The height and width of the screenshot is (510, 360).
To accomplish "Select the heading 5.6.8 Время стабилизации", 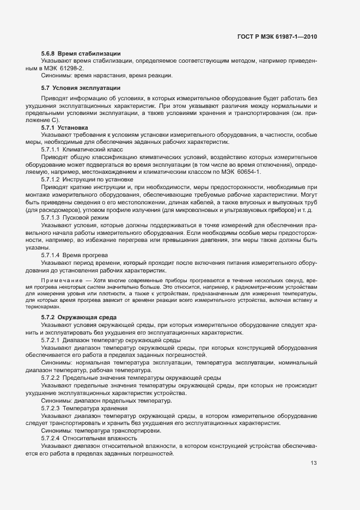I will point(80,53).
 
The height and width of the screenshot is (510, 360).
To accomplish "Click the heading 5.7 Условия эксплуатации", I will point(80,88).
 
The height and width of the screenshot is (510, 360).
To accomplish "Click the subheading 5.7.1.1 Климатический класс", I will point(82,149).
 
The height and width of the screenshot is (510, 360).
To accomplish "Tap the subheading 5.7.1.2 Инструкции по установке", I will point(87,179).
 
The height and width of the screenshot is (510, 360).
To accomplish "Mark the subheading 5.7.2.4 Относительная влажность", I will point(89,438).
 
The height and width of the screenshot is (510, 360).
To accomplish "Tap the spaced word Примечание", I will point(59,280).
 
